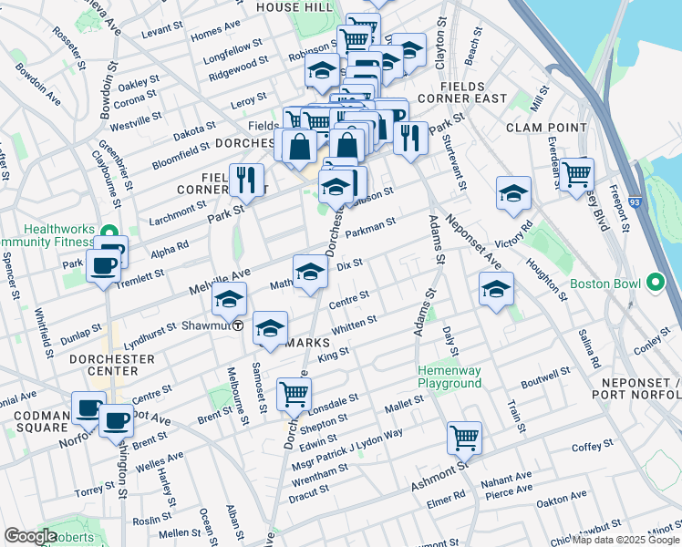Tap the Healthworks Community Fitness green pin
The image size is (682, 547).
(x=109, y=232)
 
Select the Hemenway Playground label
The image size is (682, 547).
(x=449, y=377)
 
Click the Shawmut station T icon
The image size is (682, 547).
(x=238, y=325)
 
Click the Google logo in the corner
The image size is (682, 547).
(x=30, y=536)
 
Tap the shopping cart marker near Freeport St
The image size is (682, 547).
(x=576, y=174)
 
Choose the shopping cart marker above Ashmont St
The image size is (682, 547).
(x=464, y=438)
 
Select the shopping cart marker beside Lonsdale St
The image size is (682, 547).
(x=294, y=394)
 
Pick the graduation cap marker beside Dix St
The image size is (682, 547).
(x=310, y=271)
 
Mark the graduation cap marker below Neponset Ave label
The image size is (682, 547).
(x=495, y=290)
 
